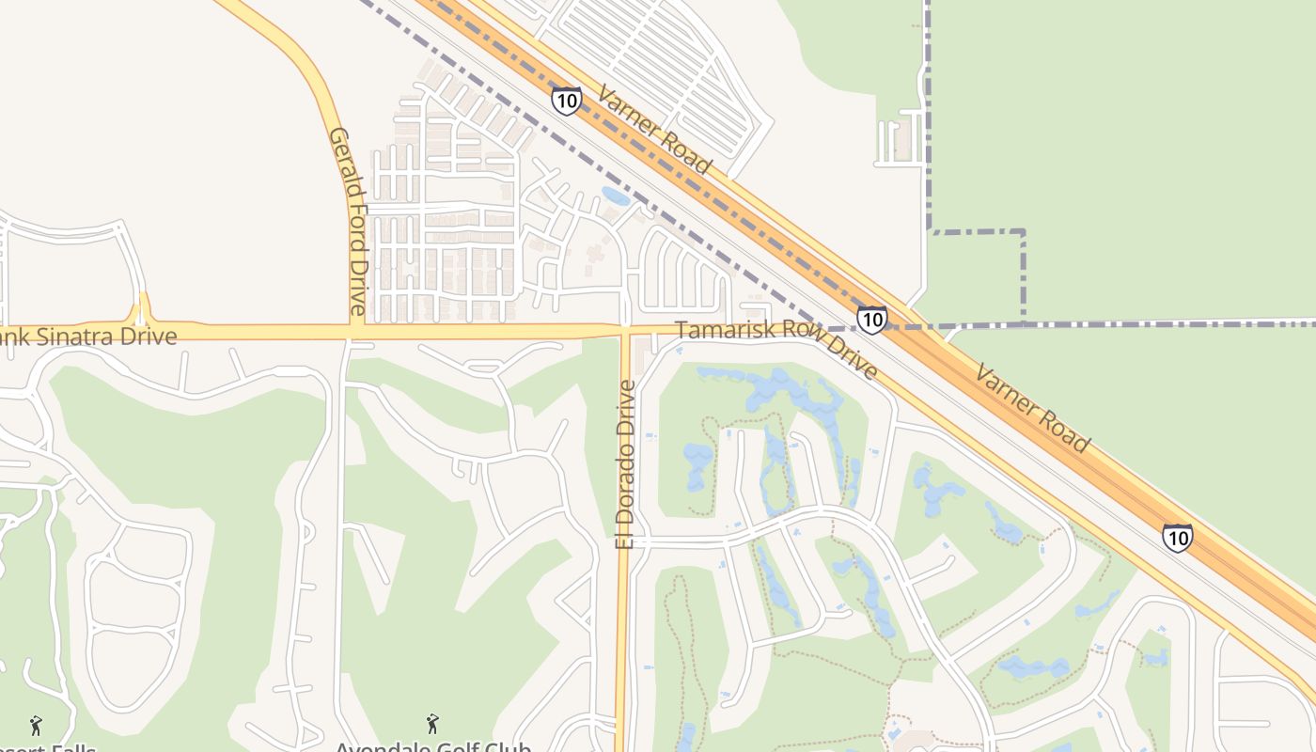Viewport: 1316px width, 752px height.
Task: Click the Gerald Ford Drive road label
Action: [346, 221]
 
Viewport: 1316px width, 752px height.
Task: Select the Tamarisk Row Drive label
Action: [776, 346]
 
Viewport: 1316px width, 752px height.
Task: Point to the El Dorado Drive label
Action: [626, 463]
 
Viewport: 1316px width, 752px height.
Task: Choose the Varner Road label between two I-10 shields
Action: [1032, 408]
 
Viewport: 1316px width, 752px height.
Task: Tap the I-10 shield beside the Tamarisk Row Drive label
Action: [871, 320]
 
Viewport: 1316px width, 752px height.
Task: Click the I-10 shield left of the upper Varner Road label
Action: [566, 101]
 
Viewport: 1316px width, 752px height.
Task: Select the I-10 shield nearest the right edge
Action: [1177, 538]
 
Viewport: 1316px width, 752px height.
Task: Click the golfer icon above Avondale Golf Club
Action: [432, 724]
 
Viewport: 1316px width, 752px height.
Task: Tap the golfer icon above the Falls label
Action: [37, 725]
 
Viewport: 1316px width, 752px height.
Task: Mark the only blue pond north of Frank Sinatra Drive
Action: [616, 196]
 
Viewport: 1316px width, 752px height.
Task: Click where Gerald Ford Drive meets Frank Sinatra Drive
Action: [355, 332]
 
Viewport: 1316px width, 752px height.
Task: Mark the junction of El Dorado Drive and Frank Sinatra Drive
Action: [625, 330]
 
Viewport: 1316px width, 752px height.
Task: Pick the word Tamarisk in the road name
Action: [721, 331]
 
